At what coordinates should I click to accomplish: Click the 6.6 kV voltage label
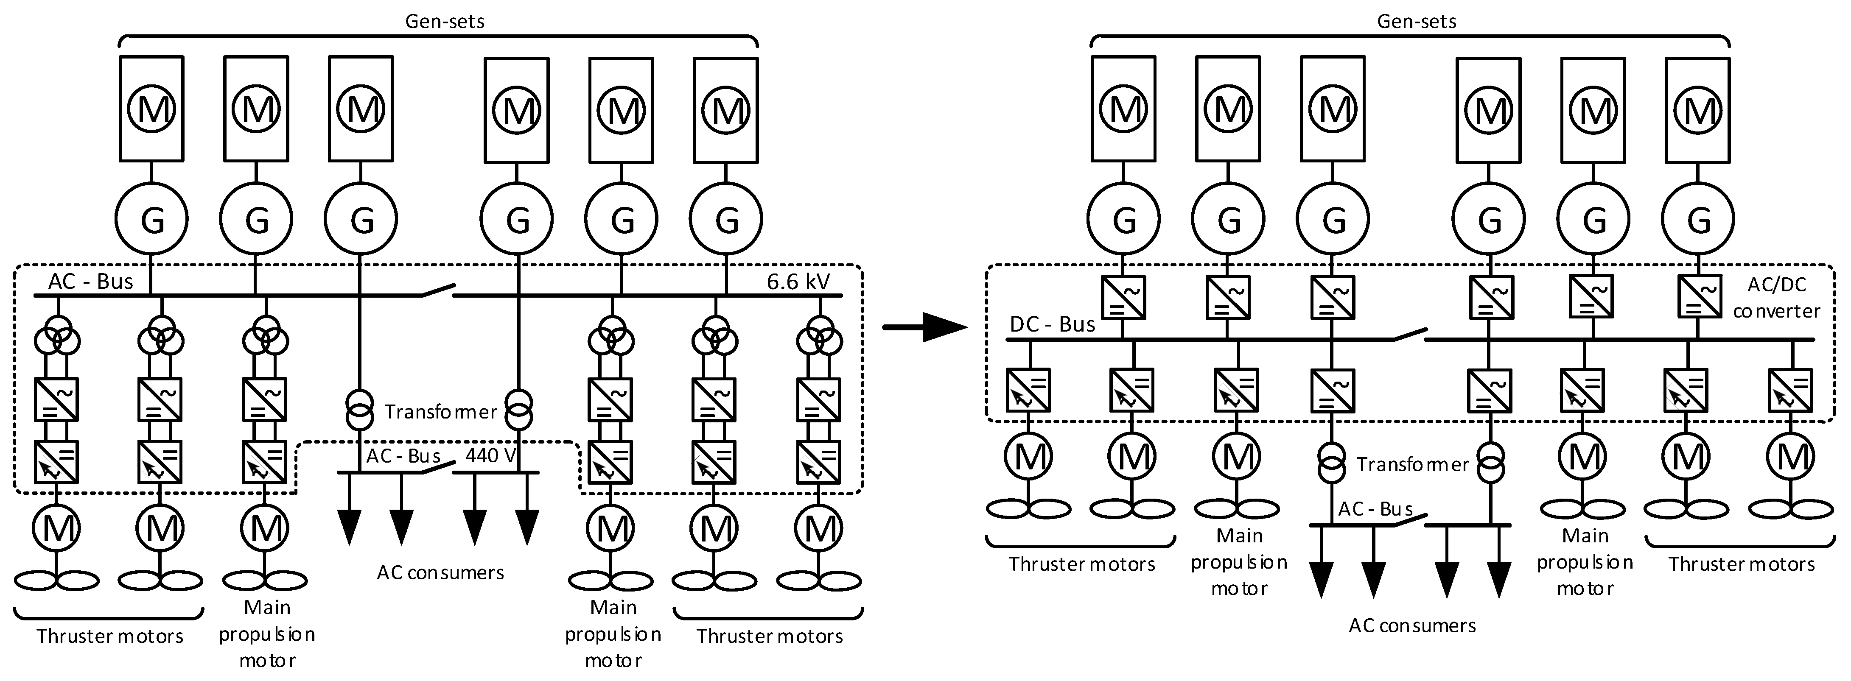(x=798, y=282)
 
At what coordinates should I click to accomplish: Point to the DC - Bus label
(x=1052, y=325)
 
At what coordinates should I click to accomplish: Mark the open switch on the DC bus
(x=1409, y=334)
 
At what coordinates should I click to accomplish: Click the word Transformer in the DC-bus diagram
(x=1412, y=465)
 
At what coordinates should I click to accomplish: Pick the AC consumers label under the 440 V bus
(x=440, y=572)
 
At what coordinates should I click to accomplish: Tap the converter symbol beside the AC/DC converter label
(x=1699, y=297)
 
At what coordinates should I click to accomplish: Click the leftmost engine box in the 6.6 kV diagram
(x=151, y=109)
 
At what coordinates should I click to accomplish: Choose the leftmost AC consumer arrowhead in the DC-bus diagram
(x=1321, y=579)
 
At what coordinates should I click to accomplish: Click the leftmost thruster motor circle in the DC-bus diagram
(x=1029, y=457)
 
